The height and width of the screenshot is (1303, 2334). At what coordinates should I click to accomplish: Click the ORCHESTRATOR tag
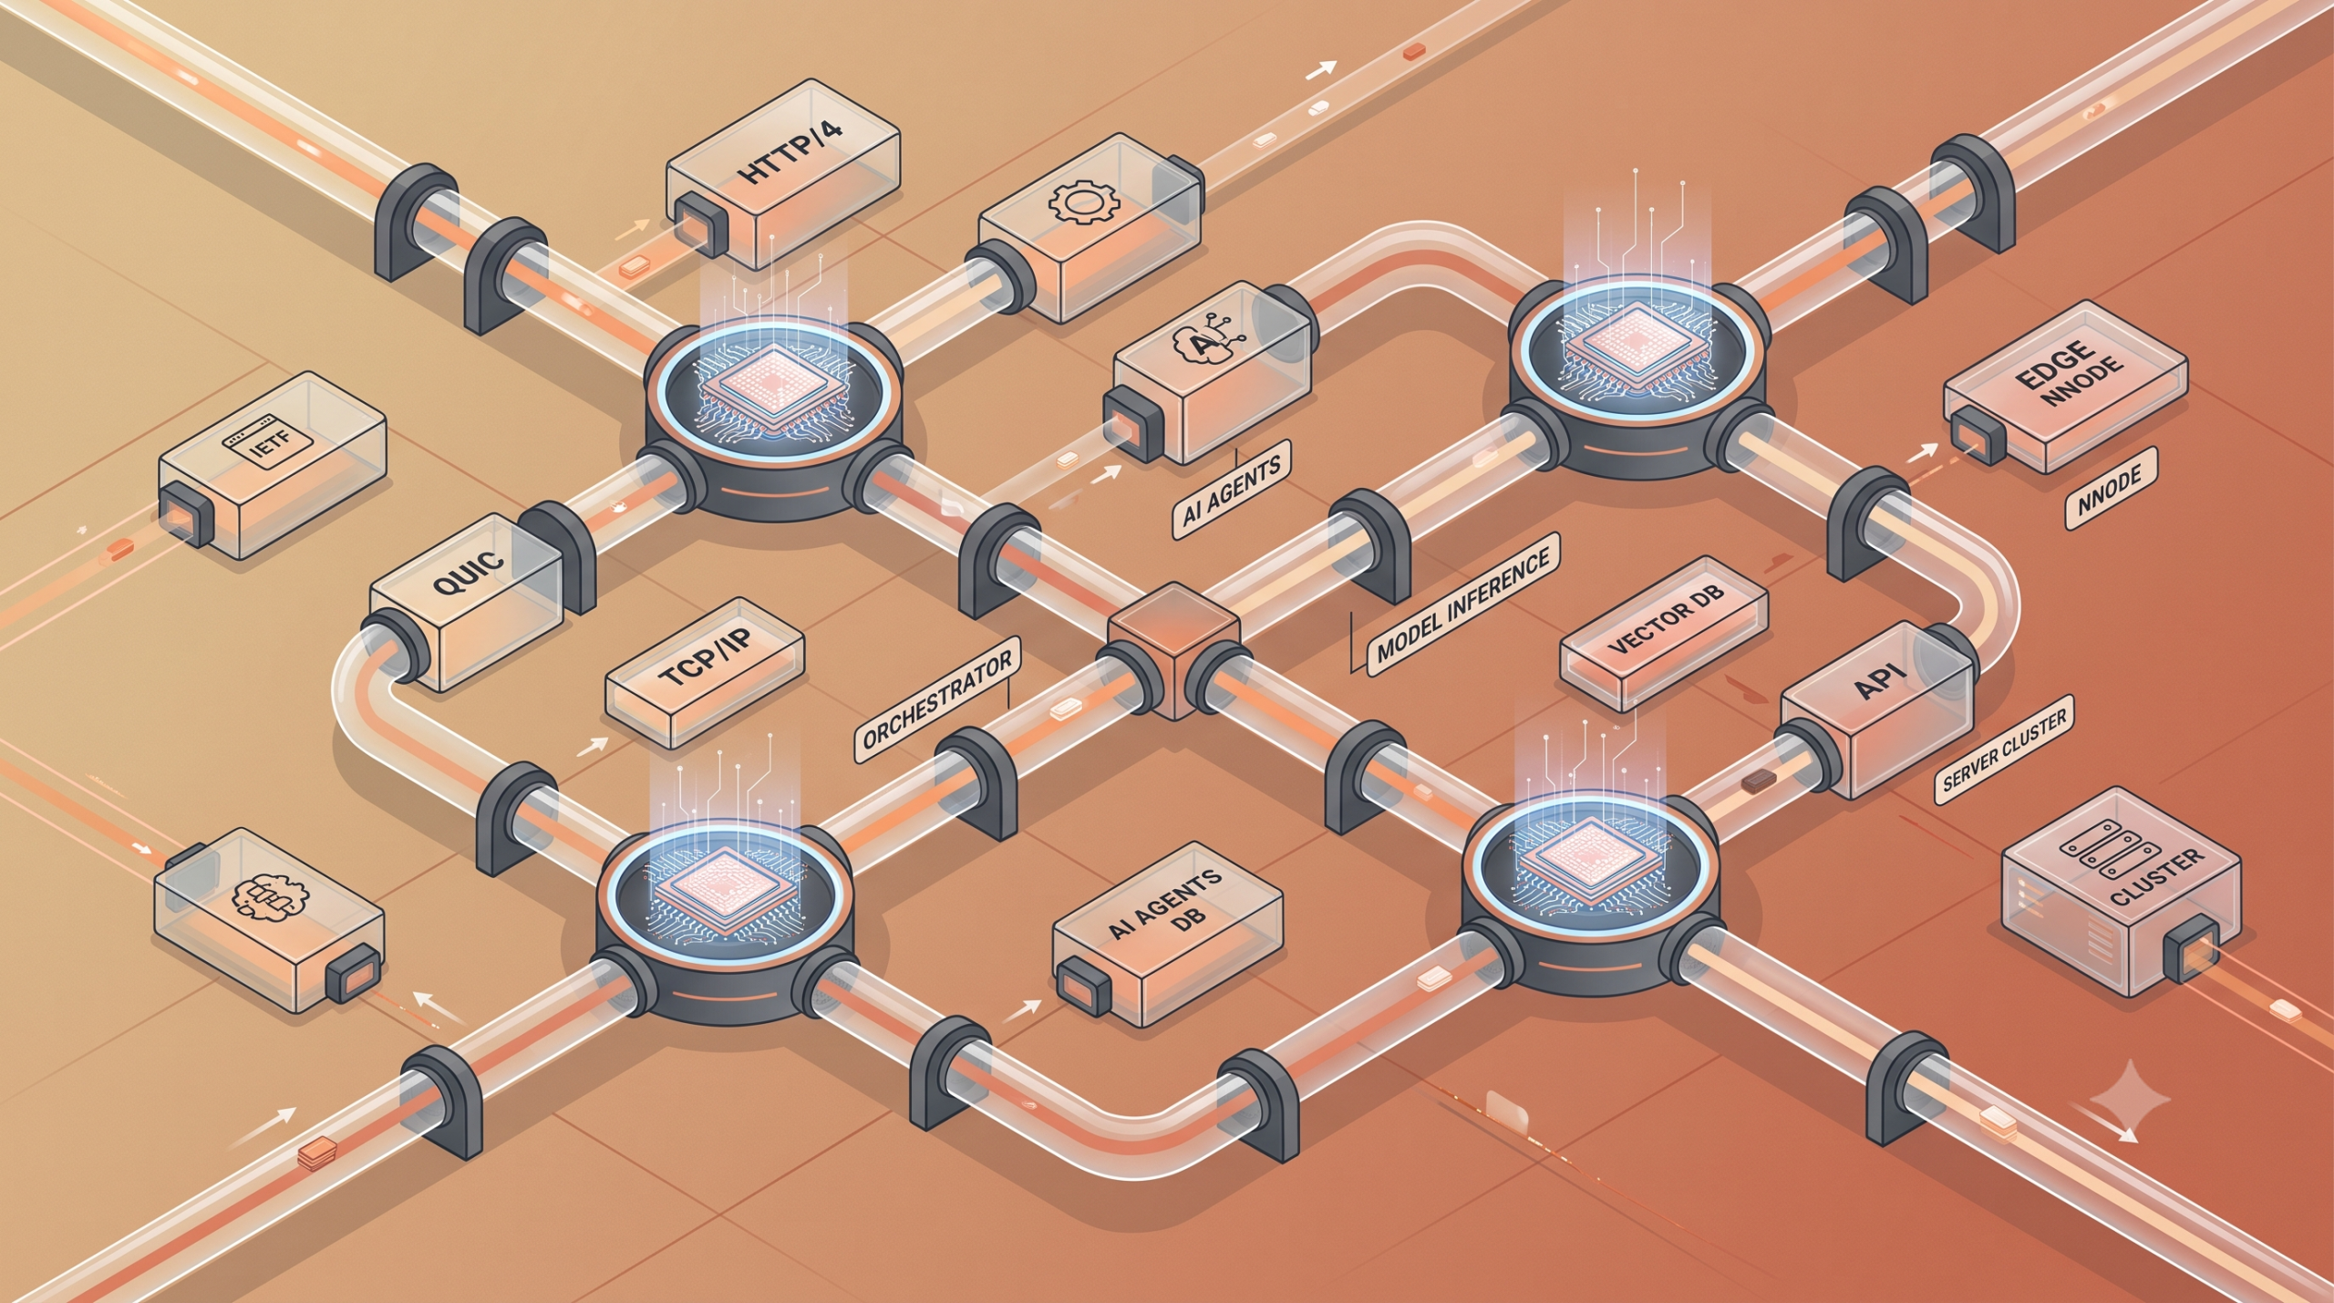tap(936, 698)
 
